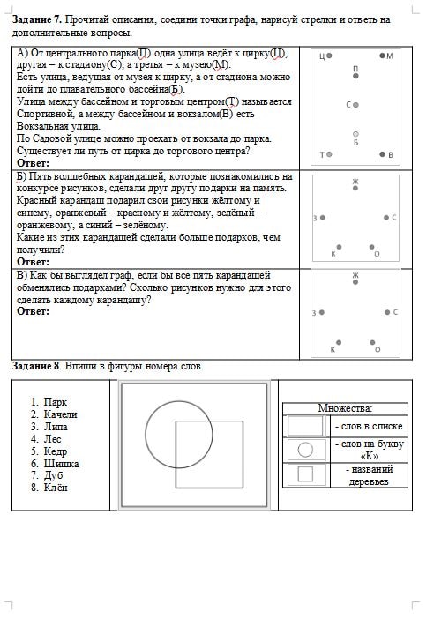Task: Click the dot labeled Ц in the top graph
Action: point(329,56)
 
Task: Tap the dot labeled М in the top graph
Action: point(382,56)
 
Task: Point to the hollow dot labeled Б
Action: point(355,134)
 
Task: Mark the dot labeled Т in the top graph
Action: point(329,154)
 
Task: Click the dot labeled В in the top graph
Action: point(382,154)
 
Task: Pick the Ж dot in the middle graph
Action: point(355,188)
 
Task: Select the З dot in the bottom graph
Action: point(319,312)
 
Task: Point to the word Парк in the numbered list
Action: point(56,401)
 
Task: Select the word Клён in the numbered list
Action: point(56,488)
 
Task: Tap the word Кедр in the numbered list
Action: point(56,451)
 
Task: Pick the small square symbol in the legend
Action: point(305,474)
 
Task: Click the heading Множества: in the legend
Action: point(345,408)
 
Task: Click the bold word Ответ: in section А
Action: point(34,163)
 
